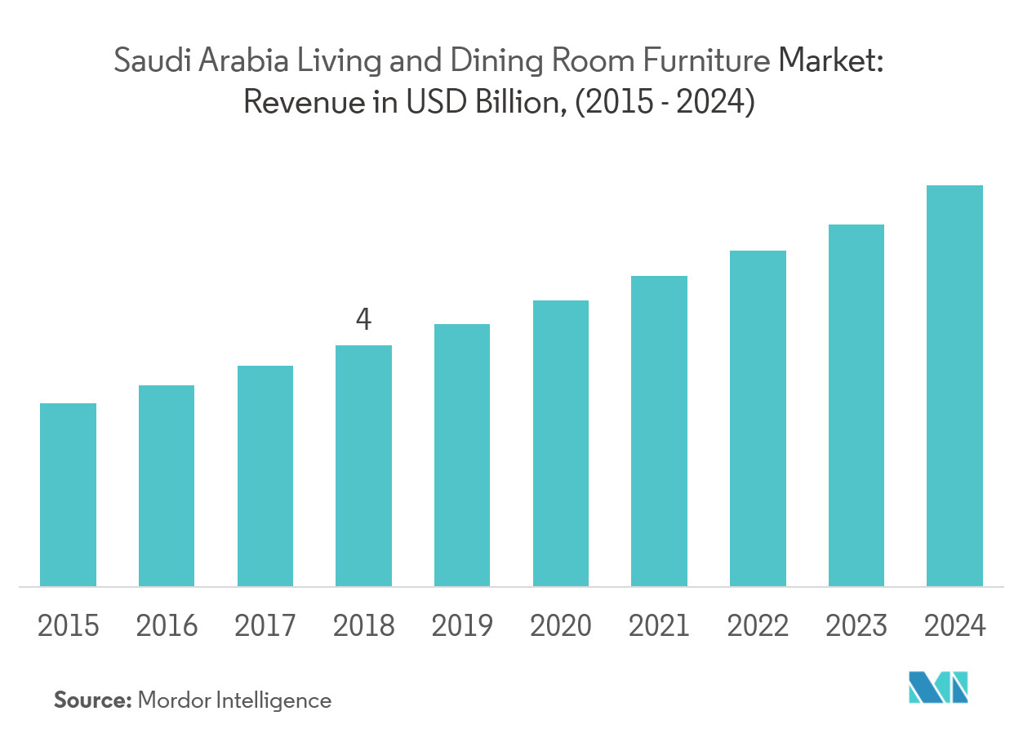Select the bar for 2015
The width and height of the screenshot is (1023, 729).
(68, 494)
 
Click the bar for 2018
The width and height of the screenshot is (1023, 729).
(363, 465)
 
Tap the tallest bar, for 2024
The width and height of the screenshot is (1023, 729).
(954, 385)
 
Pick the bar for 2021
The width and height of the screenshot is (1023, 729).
(659, 431)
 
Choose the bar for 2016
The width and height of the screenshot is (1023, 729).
(167, 485)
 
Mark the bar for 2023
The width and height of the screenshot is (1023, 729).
(856, 405)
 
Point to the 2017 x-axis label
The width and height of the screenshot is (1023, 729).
(265, 626)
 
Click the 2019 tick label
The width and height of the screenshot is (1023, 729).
(462, 626)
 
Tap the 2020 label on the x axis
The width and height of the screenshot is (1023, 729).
(560, 626)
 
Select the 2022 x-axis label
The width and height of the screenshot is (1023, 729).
(758, 626)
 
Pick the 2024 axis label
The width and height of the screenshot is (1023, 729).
(954, 626)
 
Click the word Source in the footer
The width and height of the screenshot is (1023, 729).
(92, 700)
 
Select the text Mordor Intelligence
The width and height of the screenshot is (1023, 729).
(234, 700)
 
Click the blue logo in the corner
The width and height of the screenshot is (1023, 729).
(938, 687)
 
